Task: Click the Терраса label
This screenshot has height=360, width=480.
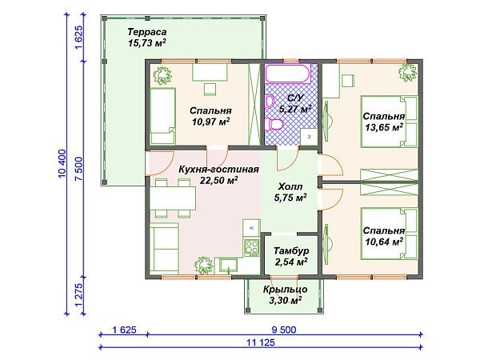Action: point(147,32)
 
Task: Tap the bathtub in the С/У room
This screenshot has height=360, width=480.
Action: point(290,78)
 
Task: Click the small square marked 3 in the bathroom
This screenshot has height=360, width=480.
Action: point(309,138)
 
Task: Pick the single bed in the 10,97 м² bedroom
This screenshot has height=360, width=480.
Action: point(163,115)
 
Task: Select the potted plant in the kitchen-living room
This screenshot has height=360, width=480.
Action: point(205,262)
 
